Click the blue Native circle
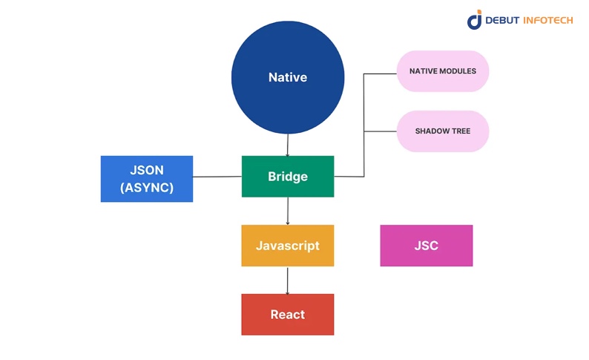tap(288, 77)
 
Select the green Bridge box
tap(288, 177)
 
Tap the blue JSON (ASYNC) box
tap(147, 179)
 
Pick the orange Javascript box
tap(288, 246)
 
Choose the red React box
tap(288, 315)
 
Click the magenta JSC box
tap(427, 246)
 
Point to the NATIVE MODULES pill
tap(443, 71)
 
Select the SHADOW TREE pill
tap(443, 131)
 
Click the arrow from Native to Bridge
tap(288, 145)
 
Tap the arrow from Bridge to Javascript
tap(288, 211)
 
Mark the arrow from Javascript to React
tap(288, 280)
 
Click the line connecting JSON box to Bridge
tap(217, 177)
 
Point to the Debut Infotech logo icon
tap(475, 20)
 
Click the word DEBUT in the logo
tap(504, 21)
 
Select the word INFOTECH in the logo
tap(548, 21)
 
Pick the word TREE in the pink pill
tap(460, 131)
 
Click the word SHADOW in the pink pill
tap(432, 131)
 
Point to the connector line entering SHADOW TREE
tap(381, 131)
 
